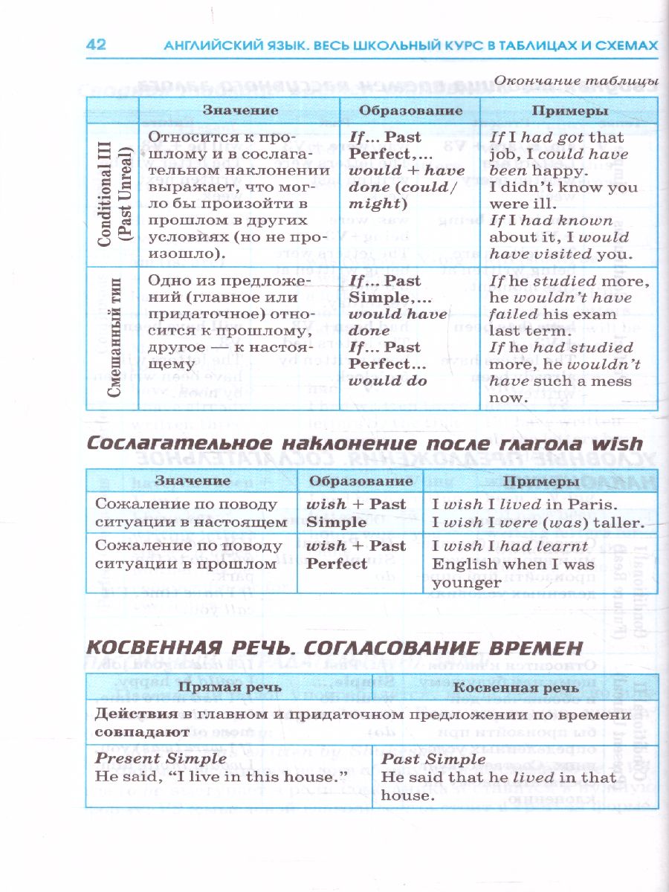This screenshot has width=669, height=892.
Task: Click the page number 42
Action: pos(96,45)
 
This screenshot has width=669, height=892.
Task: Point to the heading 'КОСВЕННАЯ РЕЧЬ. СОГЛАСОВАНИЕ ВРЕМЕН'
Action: pos(333,647)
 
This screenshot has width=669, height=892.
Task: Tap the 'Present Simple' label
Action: pos(161,758)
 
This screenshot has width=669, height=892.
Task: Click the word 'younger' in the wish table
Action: pos(467,582)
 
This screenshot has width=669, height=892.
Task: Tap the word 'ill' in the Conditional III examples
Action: pos(544,203)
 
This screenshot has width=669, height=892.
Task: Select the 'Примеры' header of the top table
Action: pos(570,110)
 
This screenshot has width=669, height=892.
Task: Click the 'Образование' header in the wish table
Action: pos(360,480)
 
